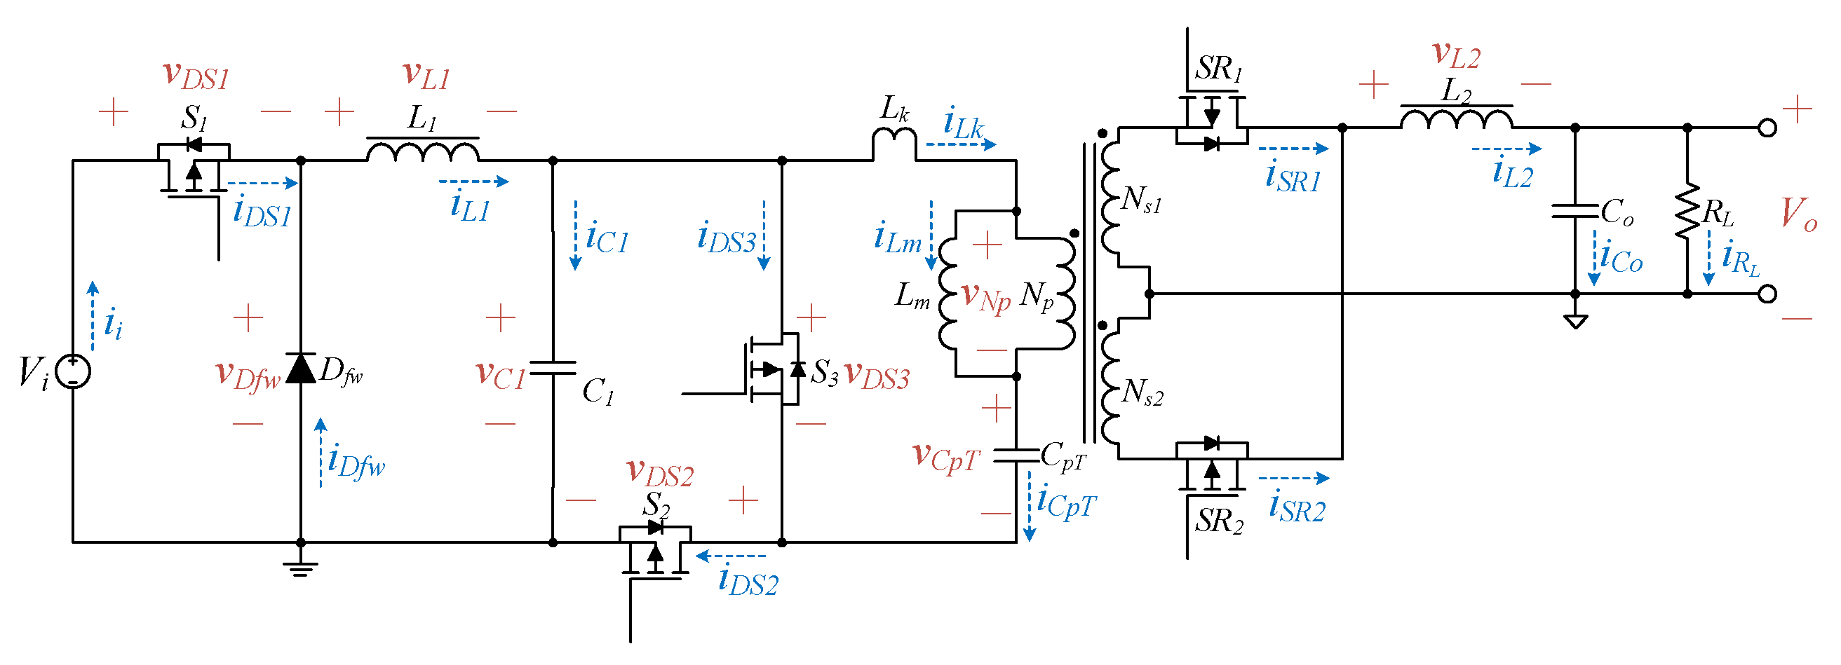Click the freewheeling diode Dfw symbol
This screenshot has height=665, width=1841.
301,369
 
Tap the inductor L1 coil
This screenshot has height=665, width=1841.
422,151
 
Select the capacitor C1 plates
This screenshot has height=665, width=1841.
553,369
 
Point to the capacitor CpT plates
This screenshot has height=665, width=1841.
1016,455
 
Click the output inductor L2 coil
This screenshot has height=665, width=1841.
1456,118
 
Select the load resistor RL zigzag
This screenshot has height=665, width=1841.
1687,211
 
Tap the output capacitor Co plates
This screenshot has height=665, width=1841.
1575,211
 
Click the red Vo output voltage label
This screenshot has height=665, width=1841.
1798,214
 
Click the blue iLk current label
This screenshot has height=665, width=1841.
964,123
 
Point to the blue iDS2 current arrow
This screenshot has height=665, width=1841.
730,556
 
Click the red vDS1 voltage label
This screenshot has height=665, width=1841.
196,75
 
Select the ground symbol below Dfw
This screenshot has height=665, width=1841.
300,568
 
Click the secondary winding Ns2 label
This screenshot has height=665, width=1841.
1142,392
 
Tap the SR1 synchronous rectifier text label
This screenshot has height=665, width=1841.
1218,69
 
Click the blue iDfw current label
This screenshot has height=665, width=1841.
355,461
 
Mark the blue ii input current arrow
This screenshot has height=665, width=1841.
93,316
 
